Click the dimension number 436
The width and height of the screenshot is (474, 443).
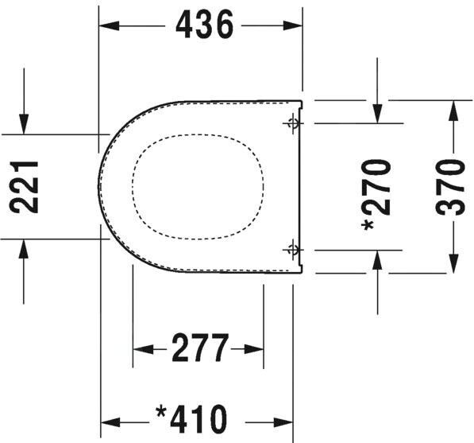click(x=205, y=24)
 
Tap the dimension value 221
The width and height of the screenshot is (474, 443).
click(x=24, y=187)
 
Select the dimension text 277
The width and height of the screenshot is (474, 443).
click(x=199, y=348)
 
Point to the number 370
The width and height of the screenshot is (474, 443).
click(x=450, y=188)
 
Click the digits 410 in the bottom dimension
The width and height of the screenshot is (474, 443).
click(x=198, y=420)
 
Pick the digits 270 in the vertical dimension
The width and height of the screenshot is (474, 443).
click(x=376, y=187)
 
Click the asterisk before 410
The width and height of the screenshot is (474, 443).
click(x=161, y=412)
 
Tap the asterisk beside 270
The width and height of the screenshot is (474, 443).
click(x=368, y=225)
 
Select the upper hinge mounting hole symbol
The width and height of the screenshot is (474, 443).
click(x=293, y=123)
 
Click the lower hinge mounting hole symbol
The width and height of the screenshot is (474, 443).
click(x=293, y=250)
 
